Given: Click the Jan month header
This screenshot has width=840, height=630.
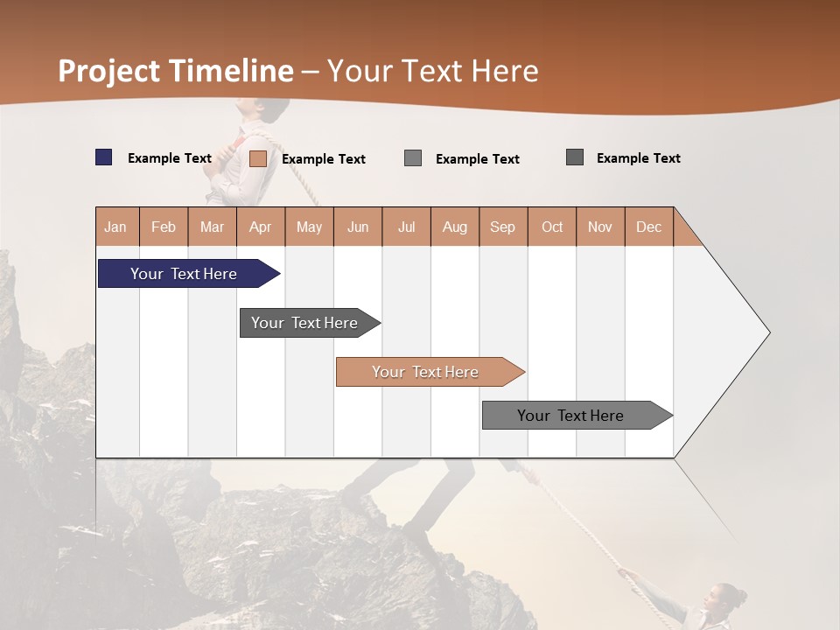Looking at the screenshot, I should pos(116,227).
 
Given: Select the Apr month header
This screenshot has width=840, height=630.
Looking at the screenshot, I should pos(261,227).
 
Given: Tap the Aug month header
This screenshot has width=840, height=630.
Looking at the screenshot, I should pos(455,227).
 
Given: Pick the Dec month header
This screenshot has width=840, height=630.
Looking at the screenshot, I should pos(649,227).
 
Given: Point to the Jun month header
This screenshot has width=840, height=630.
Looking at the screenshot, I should pos(358,227).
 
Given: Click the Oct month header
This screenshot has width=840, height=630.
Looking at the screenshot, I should pos(552,227).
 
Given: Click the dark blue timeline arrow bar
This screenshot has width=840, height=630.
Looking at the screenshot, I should pos(184,274).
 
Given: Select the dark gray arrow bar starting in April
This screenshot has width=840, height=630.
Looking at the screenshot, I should pos(304,323).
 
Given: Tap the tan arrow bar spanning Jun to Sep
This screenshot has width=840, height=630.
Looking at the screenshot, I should pos(425,372).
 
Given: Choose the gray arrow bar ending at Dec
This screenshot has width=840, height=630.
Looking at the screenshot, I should pos(570,416).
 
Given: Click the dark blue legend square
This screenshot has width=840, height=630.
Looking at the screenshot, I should pos(103,157).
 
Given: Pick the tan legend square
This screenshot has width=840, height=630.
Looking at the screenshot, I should pos(257,158).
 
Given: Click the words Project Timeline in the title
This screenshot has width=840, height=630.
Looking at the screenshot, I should pos(175,71).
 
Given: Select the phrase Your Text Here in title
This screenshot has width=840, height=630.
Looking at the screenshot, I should pos(432,71).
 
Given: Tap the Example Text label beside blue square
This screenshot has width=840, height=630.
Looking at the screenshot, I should pos(170,158).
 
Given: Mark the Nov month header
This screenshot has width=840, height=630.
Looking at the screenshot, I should pos(600,227).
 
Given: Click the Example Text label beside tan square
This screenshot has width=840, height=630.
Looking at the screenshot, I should pos(324,159).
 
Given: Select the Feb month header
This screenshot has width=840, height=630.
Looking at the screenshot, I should pos(164,227).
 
